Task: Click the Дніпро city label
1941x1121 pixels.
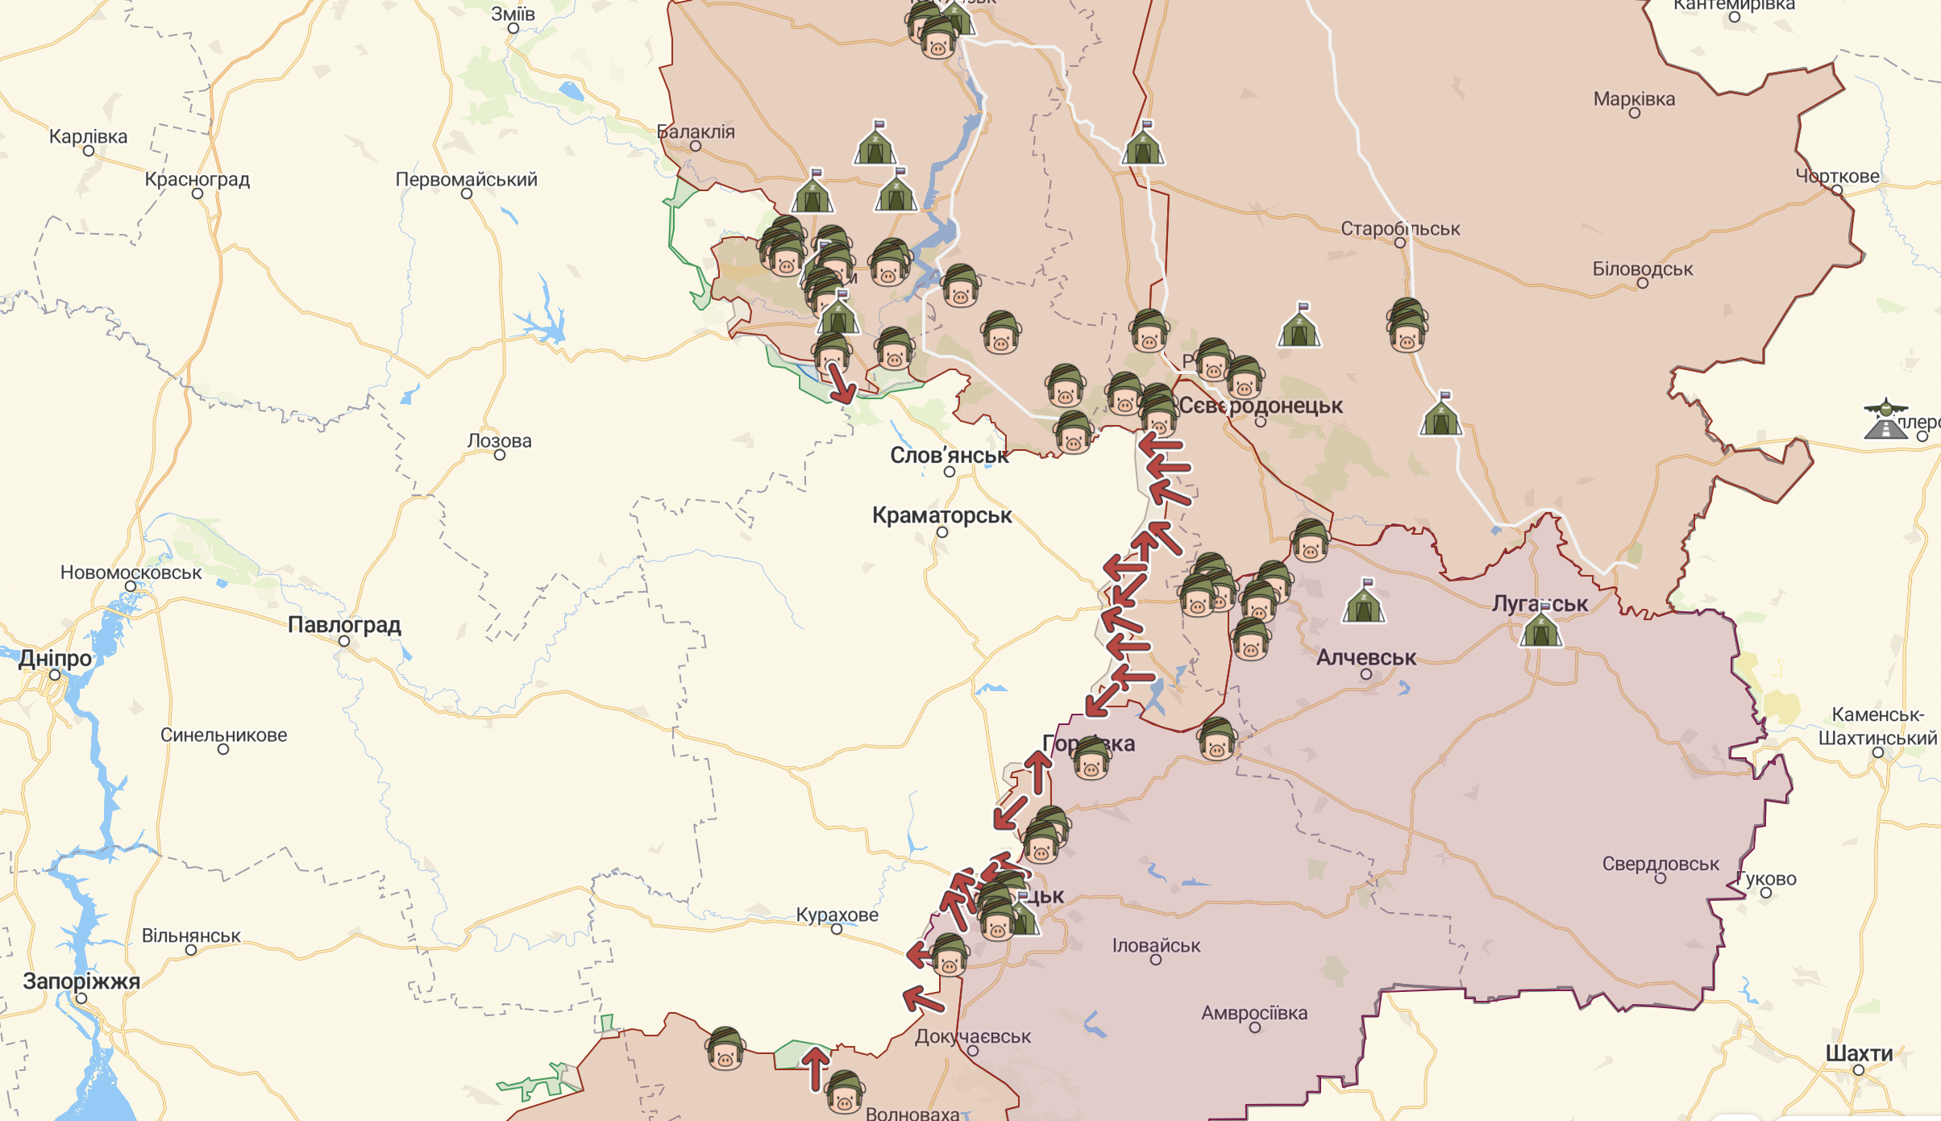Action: [x=55, y=658]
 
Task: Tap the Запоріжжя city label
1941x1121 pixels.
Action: [x=81, y=981]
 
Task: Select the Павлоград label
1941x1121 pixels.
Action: [x=344, y=625]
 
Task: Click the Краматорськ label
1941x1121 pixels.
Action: [x=941, y=515]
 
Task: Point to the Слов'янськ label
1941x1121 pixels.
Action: [x=949, y=456]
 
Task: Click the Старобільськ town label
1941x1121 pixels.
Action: [x=1400, y=229]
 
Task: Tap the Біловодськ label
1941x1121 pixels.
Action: [x=1642, y=269]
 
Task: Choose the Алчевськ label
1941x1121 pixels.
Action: [x=1365, y=658]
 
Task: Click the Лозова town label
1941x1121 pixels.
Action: [x=499, y=441]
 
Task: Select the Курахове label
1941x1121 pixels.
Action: [x=837, y=915]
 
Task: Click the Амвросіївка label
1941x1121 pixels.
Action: [x=1254, y=1013]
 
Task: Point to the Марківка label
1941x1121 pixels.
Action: [x=1634, y=99]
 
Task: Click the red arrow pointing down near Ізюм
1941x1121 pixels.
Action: [x=841, y=385]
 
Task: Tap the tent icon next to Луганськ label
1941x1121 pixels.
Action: [x=1540, y=628]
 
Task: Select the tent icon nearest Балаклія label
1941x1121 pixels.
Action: [x=875, y=145]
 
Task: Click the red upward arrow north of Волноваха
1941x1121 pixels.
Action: [x=816, y=1067]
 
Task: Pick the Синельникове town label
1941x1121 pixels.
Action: [x=223, y=736]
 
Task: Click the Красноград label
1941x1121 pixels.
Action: [x=197, y=180]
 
